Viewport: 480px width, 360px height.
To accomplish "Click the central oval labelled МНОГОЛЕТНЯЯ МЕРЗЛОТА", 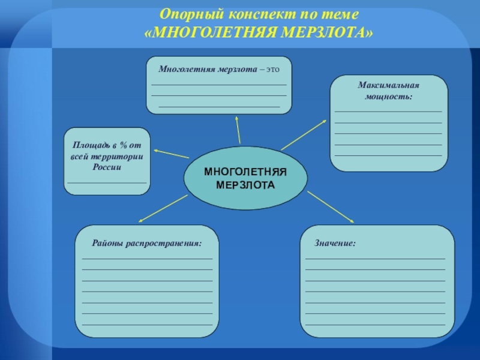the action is pyautogui.click(x=245, y=178).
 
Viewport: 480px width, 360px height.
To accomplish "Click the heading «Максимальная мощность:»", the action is pyautogui.click(x=389, y=91).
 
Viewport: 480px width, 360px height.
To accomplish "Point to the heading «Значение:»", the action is pyautogui.click(x=335, y=244).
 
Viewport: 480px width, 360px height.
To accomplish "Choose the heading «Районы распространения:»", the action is pyautogui.click(x=146, y=244).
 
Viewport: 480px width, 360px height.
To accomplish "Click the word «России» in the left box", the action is pyautogui.click(x=107, y=166).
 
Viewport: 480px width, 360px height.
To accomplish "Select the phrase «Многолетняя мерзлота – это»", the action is pyautogui.click(x=219, y=69).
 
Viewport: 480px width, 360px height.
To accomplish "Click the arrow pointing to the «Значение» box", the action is pyautogui.click(x=332, y=208).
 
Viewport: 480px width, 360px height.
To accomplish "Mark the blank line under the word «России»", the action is pyautogui.click(x=107, y=181).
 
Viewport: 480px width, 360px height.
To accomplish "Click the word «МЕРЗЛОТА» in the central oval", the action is pyautogui.click(x=245, y=184).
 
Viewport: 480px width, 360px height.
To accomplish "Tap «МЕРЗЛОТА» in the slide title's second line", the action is pyautogui.click(x=329, y=29).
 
